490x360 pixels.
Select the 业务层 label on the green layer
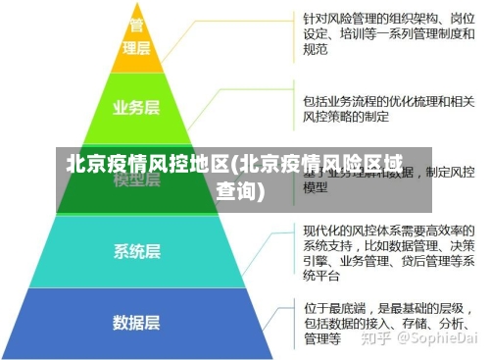136,108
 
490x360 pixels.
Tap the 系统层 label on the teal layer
136,250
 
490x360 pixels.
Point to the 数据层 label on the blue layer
136,322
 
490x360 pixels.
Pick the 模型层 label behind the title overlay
136,180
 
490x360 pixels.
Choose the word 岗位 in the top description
462,18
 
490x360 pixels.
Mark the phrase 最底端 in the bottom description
348,307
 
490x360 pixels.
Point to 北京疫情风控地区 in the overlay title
147,164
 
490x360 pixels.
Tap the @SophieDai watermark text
431,337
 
